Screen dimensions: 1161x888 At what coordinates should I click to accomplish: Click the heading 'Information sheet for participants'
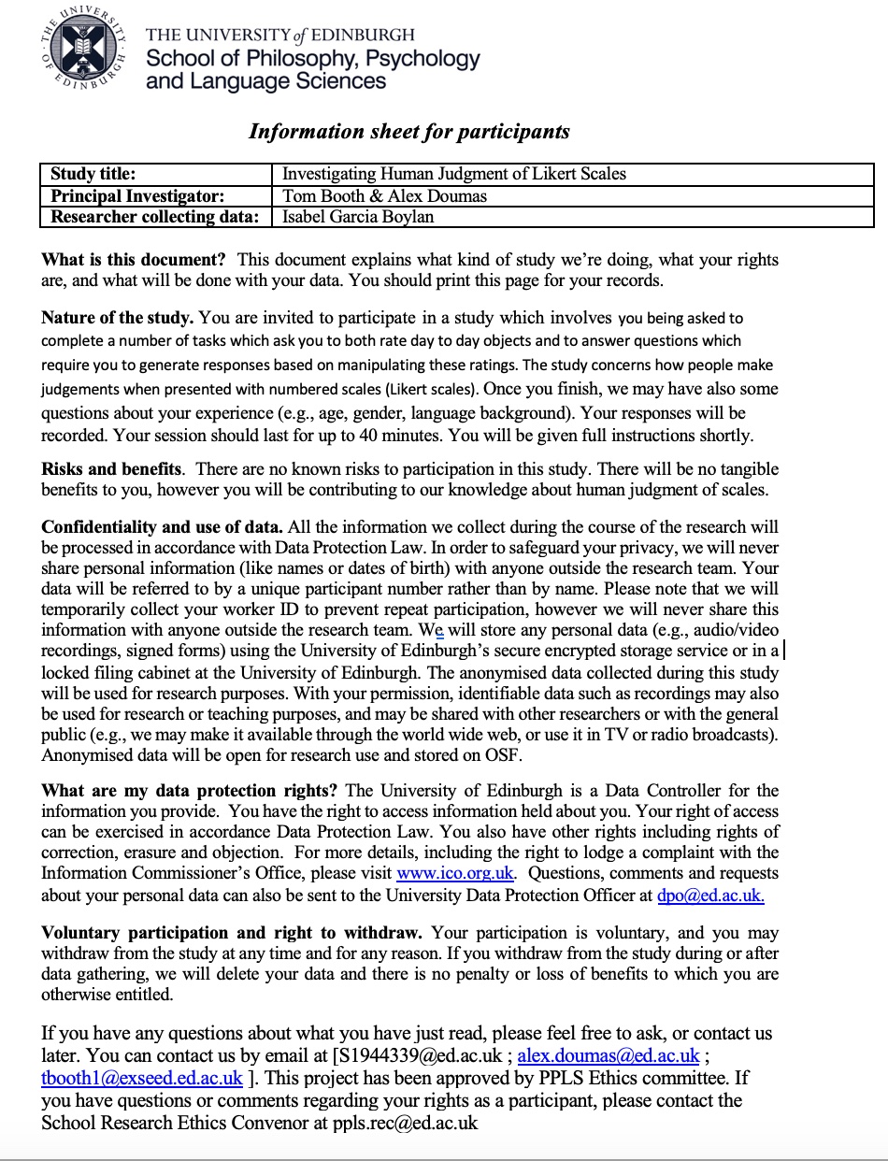pyautogui.click(x=408, y=131)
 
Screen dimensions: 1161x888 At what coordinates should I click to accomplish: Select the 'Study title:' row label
pyautogui.click(x=93, y=174)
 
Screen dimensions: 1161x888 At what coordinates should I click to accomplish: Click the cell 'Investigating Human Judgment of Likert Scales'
pyautogui.click(x=454, y=174)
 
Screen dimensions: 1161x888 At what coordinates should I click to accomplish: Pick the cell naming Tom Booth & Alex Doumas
pyautogui.click(x=384, y=195)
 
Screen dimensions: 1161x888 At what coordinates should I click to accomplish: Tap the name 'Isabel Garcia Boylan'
pyautogui.click(x=358, y=217)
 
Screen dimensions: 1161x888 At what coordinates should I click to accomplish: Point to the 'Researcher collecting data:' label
pyautogui.click(x=154, y=217)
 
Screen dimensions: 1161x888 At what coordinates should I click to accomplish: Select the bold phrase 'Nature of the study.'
pyautogui.click(x=118, y=318)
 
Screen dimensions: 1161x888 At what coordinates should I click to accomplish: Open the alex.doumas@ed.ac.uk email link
pyautogui.click(x=609, y=1056)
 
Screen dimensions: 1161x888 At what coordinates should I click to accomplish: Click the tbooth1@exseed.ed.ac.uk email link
pyautogui.click(x=142, y=1079)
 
